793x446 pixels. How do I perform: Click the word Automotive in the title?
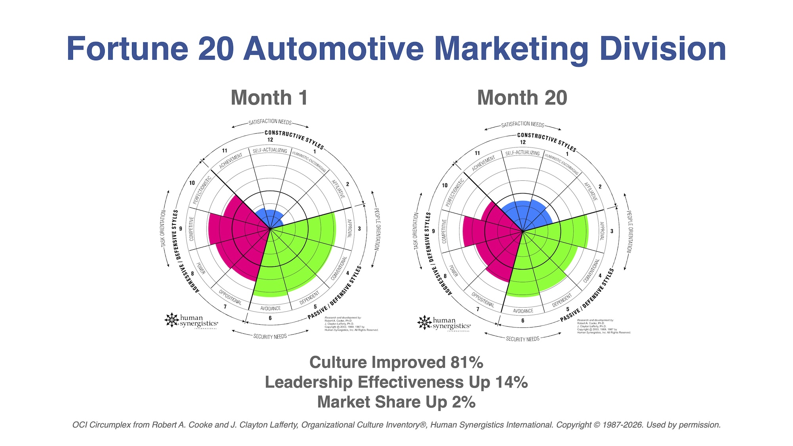[334, 49]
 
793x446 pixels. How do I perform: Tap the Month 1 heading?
[269, 98]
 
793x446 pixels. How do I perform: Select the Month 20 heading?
[522, 98]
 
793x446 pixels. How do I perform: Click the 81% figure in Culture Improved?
[467, 362]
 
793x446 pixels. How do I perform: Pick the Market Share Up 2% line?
[396, 402]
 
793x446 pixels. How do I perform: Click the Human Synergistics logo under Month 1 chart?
[191, 321]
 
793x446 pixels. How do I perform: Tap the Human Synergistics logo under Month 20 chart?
[444, 323]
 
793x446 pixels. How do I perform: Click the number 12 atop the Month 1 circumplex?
[270, 140]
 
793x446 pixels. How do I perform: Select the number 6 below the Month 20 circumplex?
[523, 320]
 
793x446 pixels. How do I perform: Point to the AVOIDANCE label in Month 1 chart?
[270, 308]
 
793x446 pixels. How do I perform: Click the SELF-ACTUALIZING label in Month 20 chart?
[523, 153]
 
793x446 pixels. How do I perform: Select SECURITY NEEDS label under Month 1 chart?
[270, 337]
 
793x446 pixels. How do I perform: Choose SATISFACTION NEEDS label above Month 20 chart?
[523, 124]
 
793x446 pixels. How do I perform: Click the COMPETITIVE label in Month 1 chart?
[192, 229]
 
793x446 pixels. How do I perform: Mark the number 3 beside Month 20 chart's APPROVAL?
[612, 231]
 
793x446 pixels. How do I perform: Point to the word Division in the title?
[663, 49]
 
